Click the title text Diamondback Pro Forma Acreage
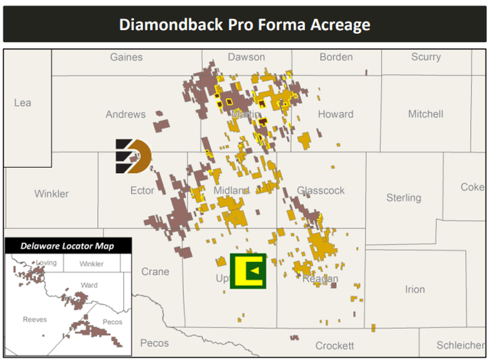pos(245,24)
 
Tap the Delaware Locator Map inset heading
pos(67,246)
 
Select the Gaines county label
pos(126,57)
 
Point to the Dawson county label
pos(247,57)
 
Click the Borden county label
pos(336,57)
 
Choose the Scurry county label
pos(426,57)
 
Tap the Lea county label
pos(23,103)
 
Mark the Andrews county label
pos(126,115)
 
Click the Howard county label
pos(336,115)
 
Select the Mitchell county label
pos(426,114)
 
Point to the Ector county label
pos(142,191)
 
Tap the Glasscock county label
pos(320,191)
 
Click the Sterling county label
pos(403,198)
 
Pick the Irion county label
pos(415,290)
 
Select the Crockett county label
pos(335,346)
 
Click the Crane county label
pos(155,272)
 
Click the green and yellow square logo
pos(248,271)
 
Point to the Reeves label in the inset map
pos(34,319)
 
